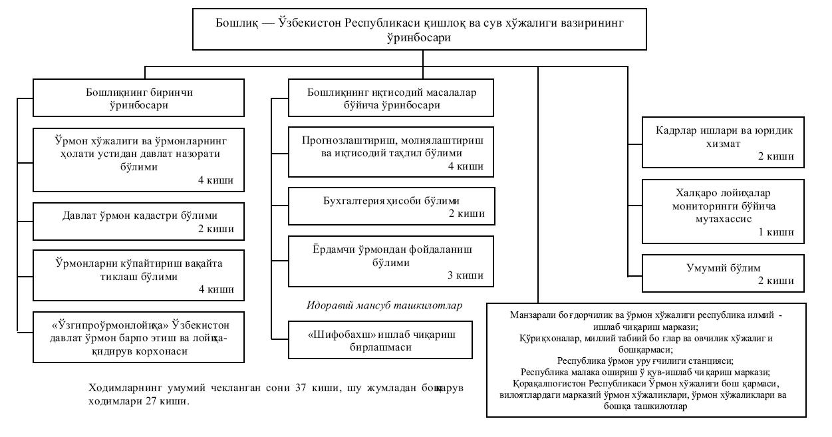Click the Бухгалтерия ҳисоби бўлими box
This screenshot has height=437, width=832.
[391, 207]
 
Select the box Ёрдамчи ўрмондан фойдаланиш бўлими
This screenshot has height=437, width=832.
[391, 260]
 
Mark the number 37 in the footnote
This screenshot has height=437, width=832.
[297, 387]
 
